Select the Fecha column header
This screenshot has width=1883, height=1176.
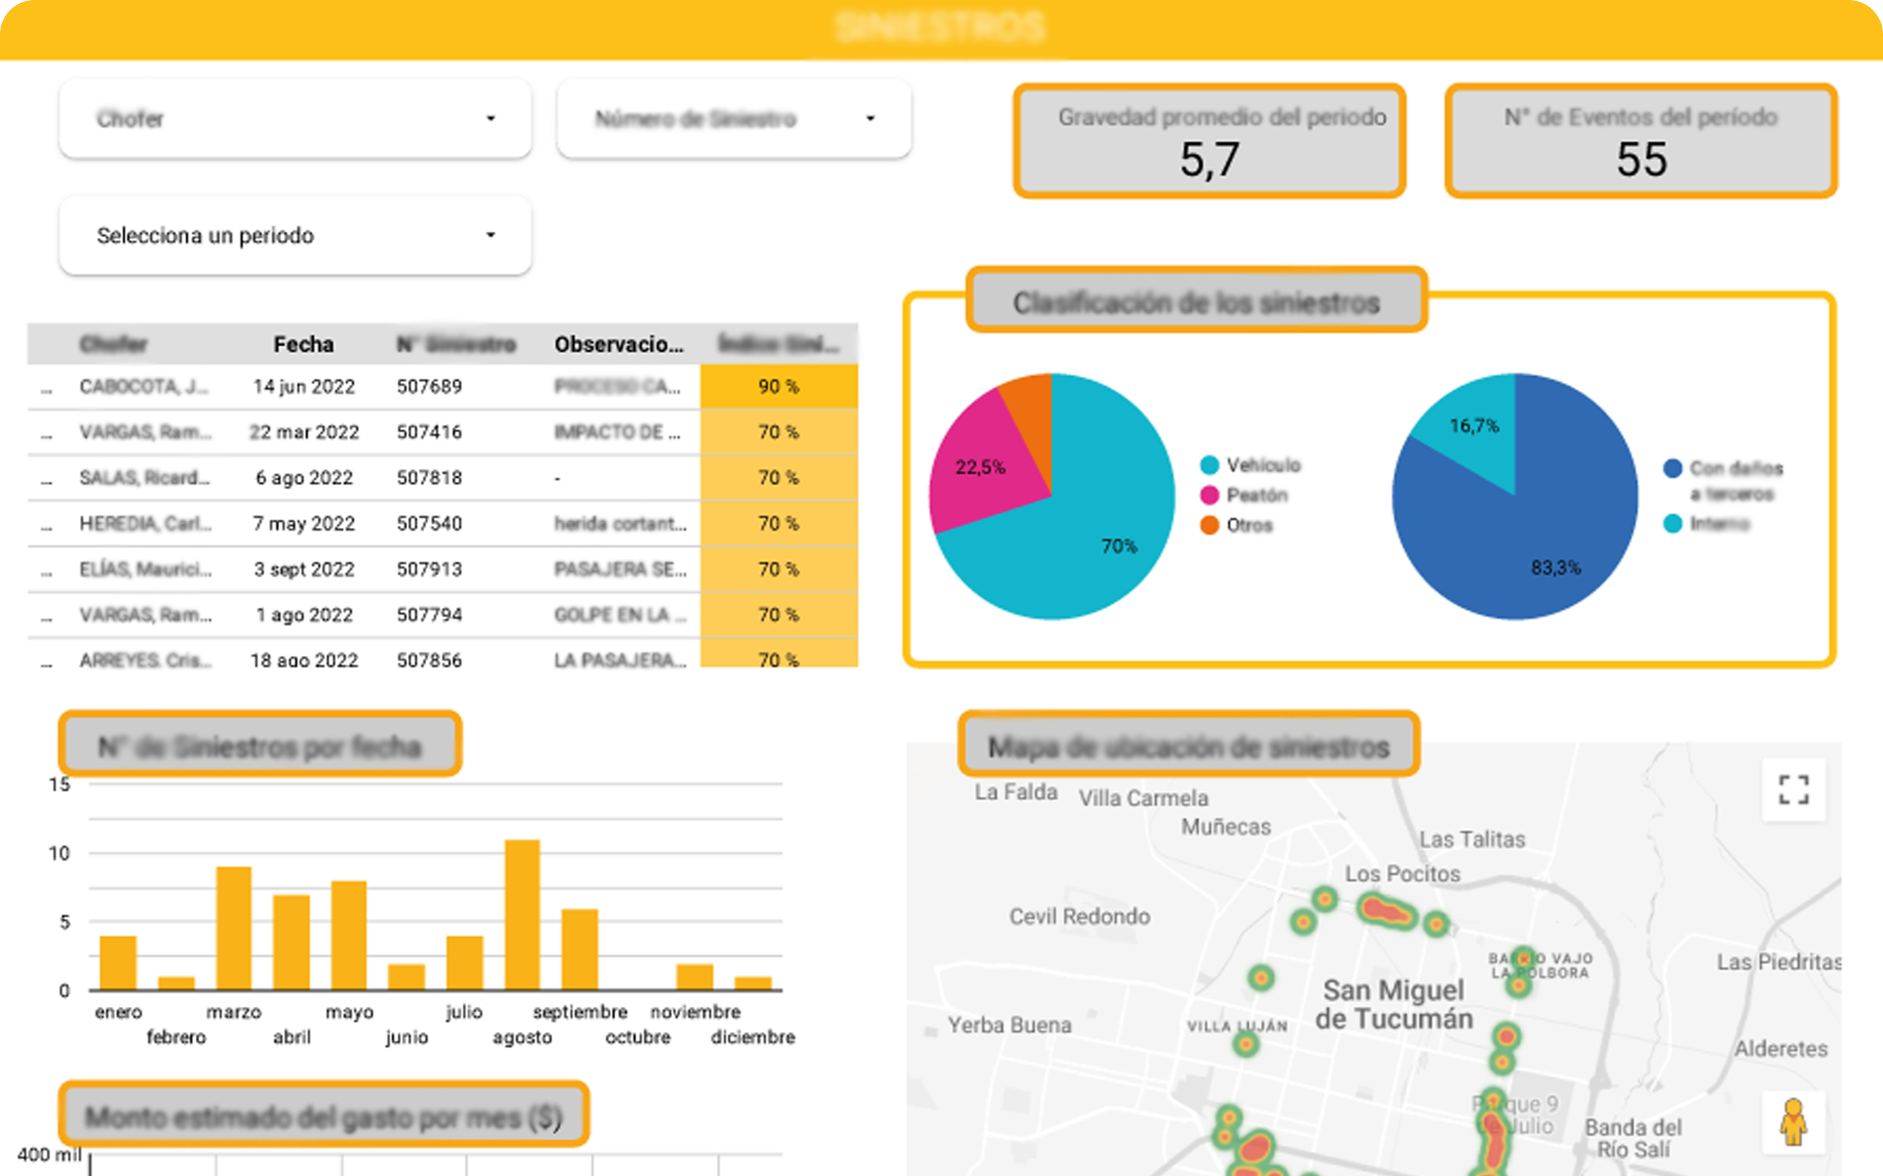(x=303, y=344)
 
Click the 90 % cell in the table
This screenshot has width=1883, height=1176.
(x=778, y=386)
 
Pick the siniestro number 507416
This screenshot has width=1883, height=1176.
(x=429, y=432)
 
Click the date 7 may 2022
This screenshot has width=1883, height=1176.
(x=303, y=524)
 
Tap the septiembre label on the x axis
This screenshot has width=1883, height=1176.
(x=580, y=1012)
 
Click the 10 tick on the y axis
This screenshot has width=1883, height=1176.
(x=59, y=853)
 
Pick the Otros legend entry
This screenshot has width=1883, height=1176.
(x=1249, y=525)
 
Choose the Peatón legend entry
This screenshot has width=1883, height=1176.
(x=1256, y=495)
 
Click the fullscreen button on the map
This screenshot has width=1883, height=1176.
(x=1794, y=790)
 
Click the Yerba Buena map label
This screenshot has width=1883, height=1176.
(x=1009, y=1025)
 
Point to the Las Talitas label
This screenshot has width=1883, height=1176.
(x=1471, y=839)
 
